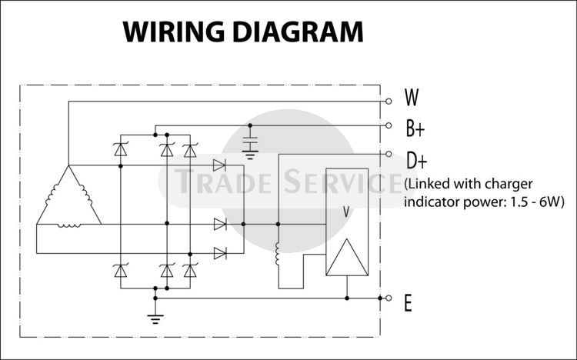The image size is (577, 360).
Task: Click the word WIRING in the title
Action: click(x=170, y=32)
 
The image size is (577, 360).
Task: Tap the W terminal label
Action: click(x=412, y=98)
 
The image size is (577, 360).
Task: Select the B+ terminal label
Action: click(x=415, y=126)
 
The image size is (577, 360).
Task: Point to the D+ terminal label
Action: click(x=416, y=160)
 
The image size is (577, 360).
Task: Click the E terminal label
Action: click(x=408, y=303)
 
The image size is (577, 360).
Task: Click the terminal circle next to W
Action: click(x=389, y=101)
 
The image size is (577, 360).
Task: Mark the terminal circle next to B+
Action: click(x=389, y=125)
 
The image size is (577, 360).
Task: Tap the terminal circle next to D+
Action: click(x=389, y=153)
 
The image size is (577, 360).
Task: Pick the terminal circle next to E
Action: click(x=389, y=298)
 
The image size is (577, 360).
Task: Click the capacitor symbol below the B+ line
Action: click(x=249, y=143)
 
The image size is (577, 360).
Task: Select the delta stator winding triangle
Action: click(x=68, y=198)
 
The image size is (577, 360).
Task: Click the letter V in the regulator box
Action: click(x=346, y=210)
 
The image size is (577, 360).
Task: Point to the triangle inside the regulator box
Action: click(x=346, y=258)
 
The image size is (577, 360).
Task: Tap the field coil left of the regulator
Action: click(x=278, y=255)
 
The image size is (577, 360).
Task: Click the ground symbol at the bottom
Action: click(x=155, y=317)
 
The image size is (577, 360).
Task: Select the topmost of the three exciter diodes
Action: click(x=219, y=165)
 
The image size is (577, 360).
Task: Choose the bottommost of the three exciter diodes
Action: click(x=219, y=252)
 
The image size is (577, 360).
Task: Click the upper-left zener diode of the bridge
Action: click(x=121, y=150)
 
